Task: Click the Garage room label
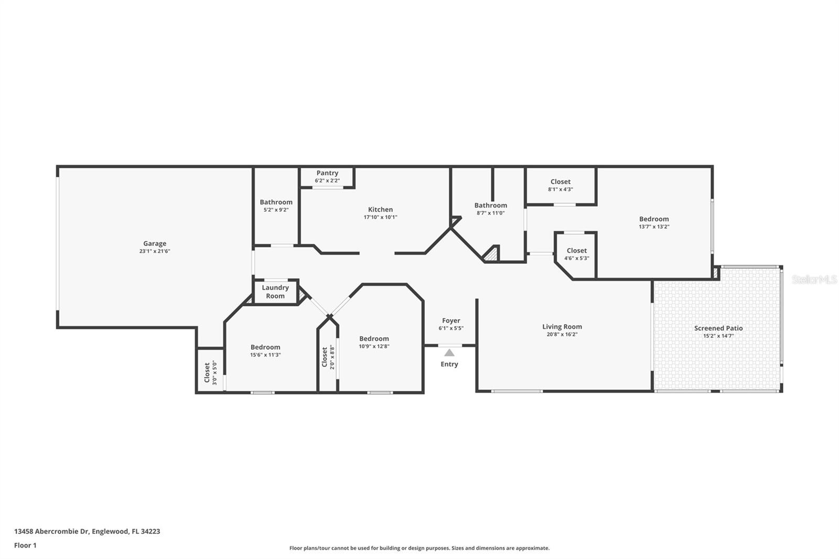pyautogui.click(x=155, y=243)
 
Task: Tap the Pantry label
pyautogui.click(x=327, y=173)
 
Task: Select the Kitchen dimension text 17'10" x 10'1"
pyautogui.click(x=381, y=217)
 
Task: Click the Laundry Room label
pyautogui.click(x=275, y=292)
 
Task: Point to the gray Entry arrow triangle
pyautogui.click(x=449, y=352)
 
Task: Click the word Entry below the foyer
pyautogui.click(x=449, y=364)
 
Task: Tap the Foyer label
pyautogui.click(x=451, y=321)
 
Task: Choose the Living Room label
pyautogui.click(x=562, y=327)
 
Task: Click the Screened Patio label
pyautogui.click(x=718, y=328)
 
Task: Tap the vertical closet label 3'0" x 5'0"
pyautogui.click(x=210, y=372)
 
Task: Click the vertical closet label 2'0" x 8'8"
pyautogui.click(x=328, y=357)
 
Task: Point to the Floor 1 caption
pyautogui.click(x=26, y=545)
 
